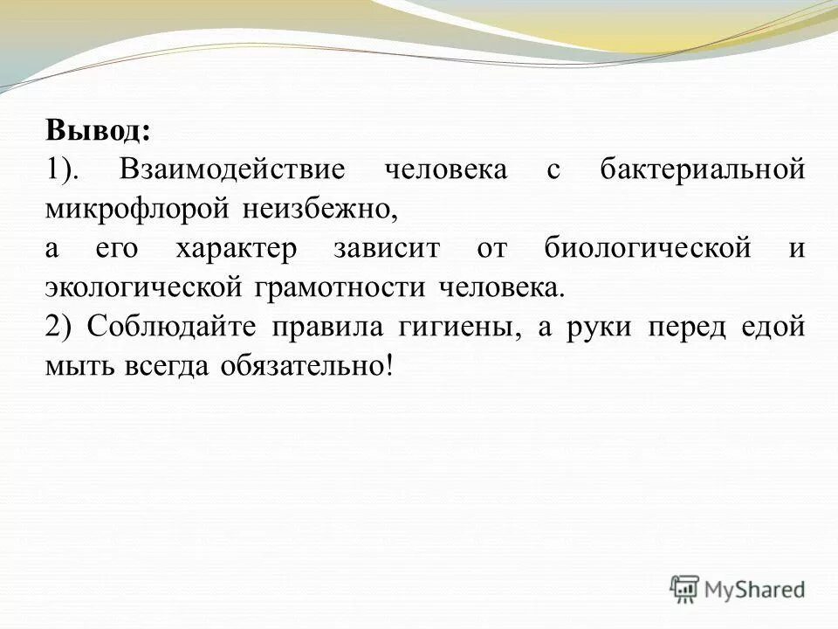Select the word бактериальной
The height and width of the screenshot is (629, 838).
point(702,169)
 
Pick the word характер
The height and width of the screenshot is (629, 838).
point(237,248)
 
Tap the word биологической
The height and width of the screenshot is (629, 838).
point(647,248)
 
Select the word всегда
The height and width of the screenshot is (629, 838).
point(161,366)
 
